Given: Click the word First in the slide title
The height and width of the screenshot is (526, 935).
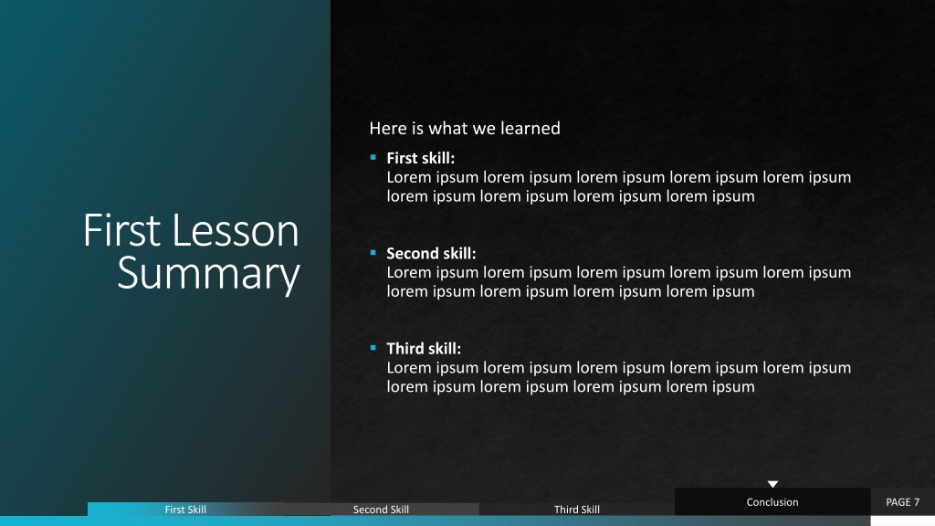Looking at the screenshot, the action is (x=122, y=230).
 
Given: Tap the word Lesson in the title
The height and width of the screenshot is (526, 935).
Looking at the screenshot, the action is (x=236, y=230).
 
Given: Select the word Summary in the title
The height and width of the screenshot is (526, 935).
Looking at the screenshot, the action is (x=208, y=274).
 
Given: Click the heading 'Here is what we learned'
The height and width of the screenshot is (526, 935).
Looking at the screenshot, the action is (x=465, y=128).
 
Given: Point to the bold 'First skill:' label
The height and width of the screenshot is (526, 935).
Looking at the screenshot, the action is (x=420, y=158).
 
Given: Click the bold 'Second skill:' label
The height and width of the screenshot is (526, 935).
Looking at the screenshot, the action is (x=431, y=254).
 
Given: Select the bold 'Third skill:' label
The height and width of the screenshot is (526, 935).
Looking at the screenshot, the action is (x=424, y=348).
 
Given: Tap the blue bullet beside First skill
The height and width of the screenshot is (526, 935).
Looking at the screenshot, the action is (x=373, y=157).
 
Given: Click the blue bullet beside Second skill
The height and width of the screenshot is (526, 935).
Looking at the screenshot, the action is (x=373, y=253).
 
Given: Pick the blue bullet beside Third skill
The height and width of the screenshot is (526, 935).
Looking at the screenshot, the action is (x=373, y=348).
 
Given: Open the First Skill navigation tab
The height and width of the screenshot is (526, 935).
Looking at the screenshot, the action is (x=185, y=510).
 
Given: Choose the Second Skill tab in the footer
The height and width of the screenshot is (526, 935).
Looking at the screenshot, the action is (x=381, y=510).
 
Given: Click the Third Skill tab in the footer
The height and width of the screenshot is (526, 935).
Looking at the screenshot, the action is (x=577, y=510).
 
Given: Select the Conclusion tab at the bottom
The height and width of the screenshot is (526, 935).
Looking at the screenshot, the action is (x=772, y=502).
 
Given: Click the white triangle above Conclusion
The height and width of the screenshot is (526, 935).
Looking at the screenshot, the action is (x=772, y=484).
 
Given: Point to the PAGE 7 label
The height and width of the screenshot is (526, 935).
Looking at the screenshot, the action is (x=902, y=502).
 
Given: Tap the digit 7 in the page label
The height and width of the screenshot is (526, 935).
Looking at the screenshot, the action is (x=917, y=502).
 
